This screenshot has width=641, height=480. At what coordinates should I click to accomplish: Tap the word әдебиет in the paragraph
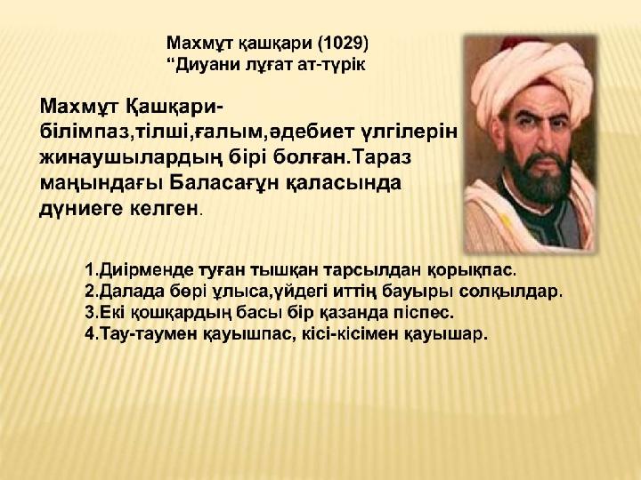click(313, 132)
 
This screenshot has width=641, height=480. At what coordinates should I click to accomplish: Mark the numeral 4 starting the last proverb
click(90, 334)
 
